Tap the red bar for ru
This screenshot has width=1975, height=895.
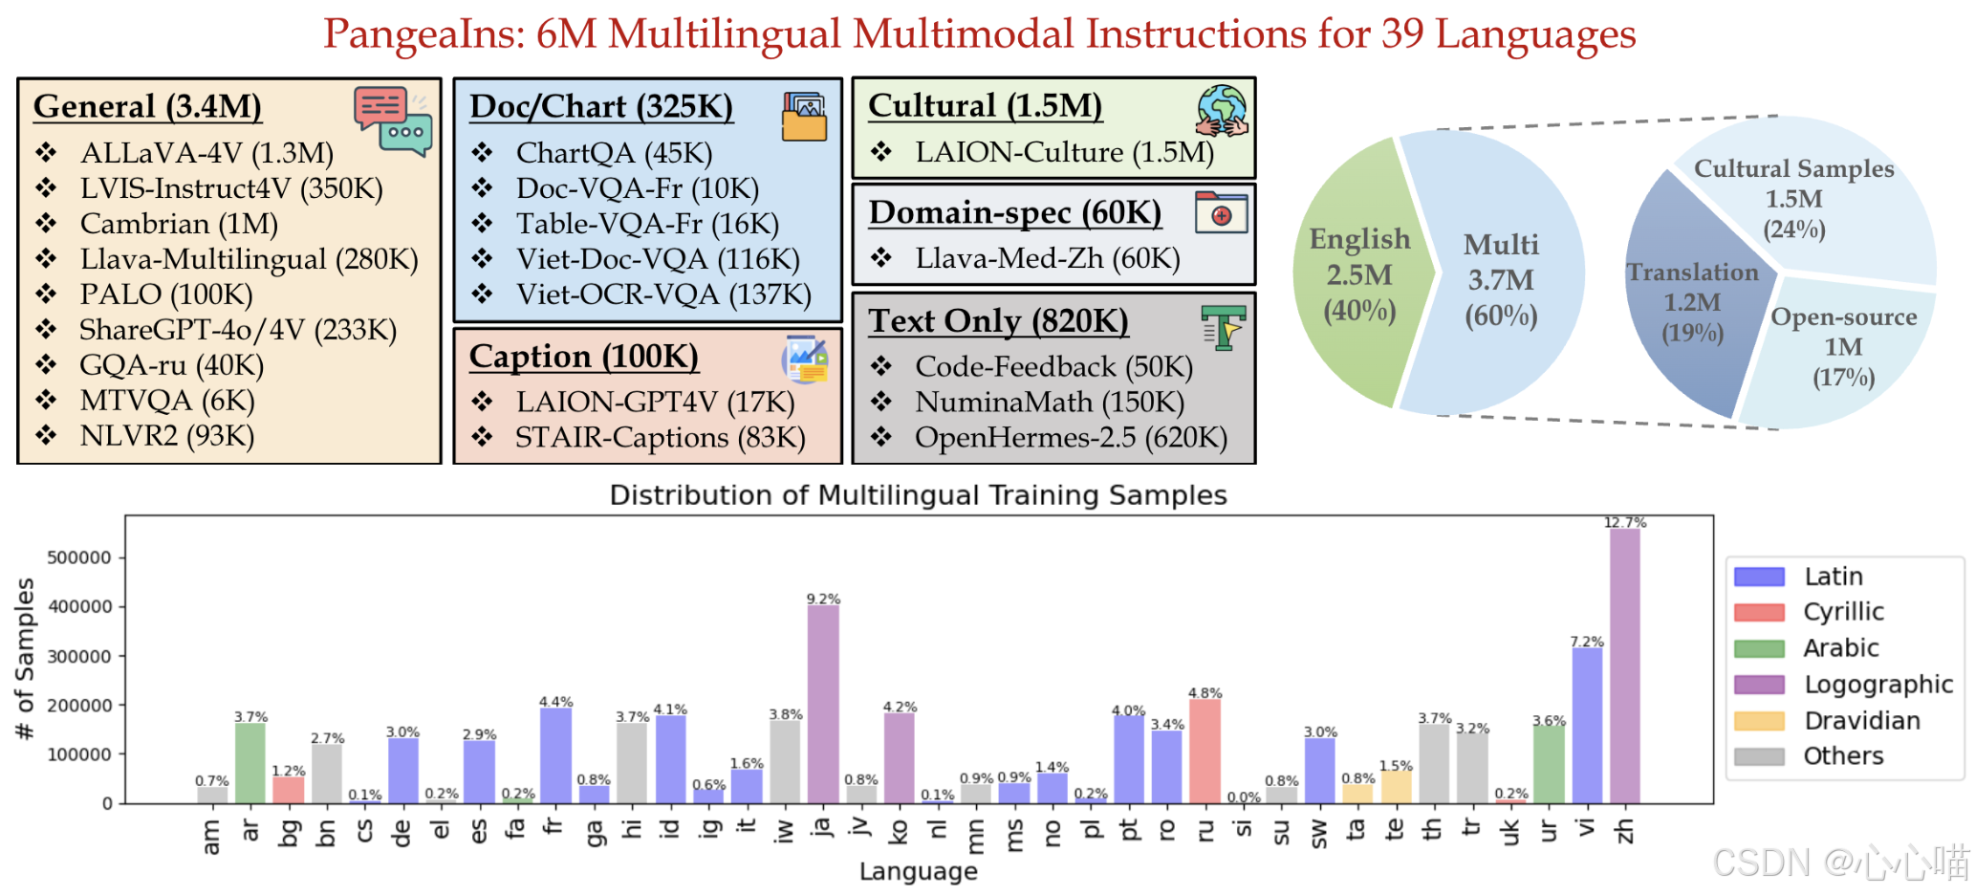(x=1205, y=751)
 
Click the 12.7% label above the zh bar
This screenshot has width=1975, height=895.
(x=1625, y=522)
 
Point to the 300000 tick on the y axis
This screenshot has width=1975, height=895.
(x=79, y=656)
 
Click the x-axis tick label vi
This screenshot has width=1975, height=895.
(x=1587, y=827)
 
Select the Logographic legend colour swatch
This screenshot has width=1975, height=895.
(x=1759, y=685)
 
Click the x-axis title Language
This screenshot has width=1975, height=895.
(x=918, y=871)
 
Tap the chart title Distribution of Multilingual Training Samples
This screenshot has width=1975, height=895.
(x=918, y=495)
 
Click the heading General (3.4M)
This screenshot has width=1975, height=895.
(x=147, y=106)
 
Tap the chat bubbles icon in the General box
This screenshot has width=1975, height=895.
(x=392, y=120)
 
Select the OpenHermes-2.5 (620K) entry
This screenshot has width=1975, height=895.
(x=1071, y=437)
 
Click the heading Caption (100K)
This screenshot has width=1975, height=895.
(x=583, y=357)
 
